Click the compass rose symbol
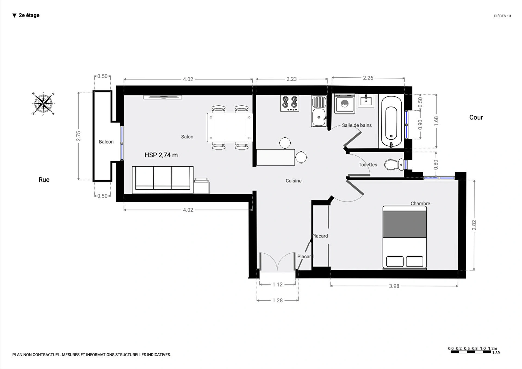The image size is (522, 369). click(43, 104)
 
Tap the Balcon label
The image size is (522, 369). click(106, 142)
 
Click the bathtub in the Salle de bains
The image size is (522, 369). click(391, 121)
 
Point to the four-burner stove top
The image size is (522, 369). click(290, 103)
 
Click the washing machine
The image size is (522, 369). click(344, 104)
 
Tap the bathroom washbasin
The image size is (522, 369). click(366, 101)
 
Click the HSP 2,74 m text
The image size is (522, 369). click(161, 155)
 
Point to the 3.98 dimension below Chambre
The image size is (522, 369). click(394, 286)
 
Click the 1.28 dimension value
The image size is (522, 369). click(278, 301)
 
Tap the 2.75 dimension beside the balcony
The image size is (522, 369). click(78, 136)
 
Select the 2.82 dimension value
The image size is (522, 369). click(474, 225)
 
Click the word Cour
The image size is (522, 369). click(476, 117)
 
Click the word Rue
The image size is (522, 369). click(44, 180)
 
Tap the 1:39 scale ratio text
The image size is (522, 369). click(496, 353)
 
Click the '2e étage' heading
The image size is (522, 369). click(29, 15)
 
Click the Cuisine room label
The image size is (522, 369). click(293, 181)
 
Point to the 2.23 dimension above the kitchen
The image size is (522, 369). click(291, 79)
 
